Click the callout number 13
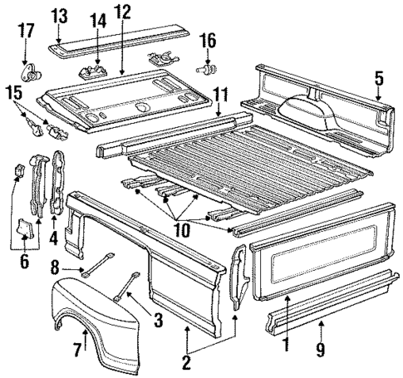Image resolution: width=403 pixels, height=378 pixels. tap(60, 15)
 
